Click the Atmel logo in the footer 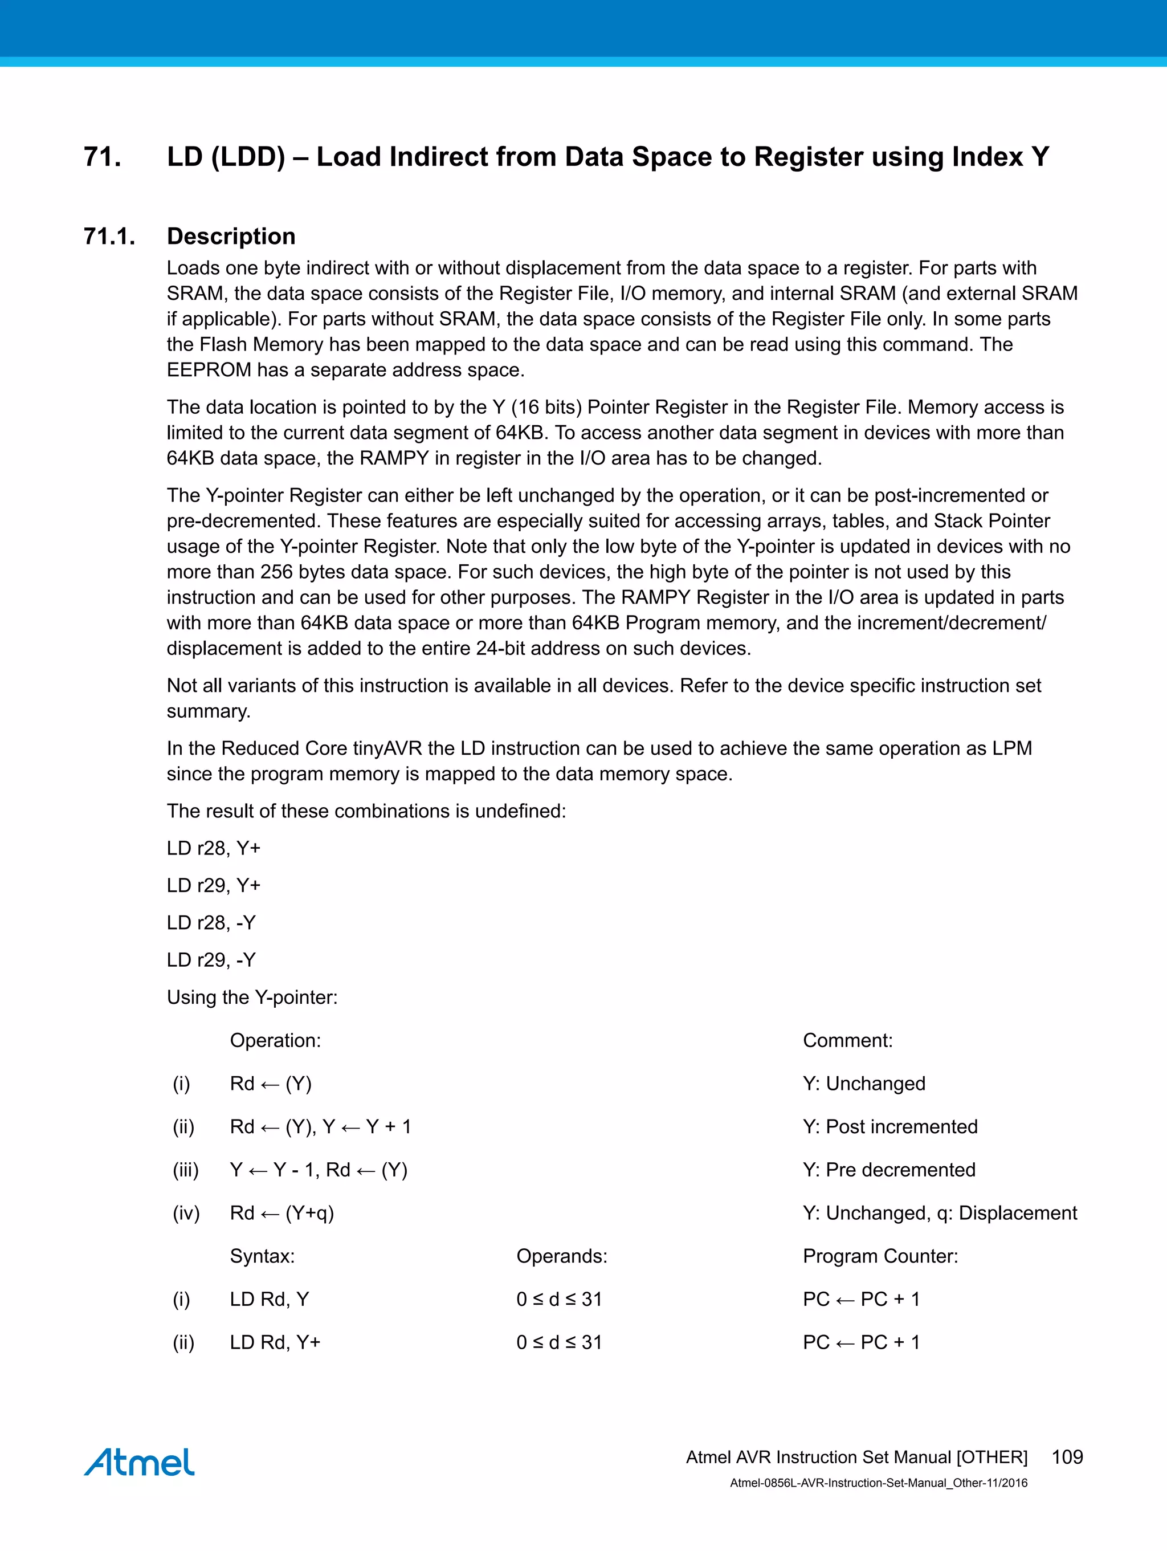click(139, 1463)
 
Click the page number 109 click(1067, 1457)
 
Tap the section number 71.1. click(109, 237)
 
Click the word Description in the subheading click(231, 237)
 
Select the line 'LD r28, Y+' click(213, 848)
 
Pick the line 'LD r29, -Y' click(211, 960)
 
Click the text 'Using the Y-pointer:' click(252, 997)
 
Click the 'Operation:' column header click(275, 1040)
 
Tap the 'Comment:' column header click(847, 1040)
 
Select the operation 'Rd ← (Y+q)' click(281, 1213)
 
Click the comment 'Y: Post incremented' click(889, 1127)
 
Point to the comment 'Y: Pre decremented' click(889, 1170)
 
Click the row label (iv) click(186, 1213)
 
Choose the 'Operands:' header click(561, 1256)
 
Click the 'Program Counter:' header click(880, 1256)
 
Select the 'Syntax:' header click(262, 1256)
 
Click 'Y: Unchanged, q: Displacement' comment click(939, 1213)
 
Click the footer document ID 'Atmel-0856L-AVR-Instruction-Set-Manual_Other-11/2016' click(878, 1483)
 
